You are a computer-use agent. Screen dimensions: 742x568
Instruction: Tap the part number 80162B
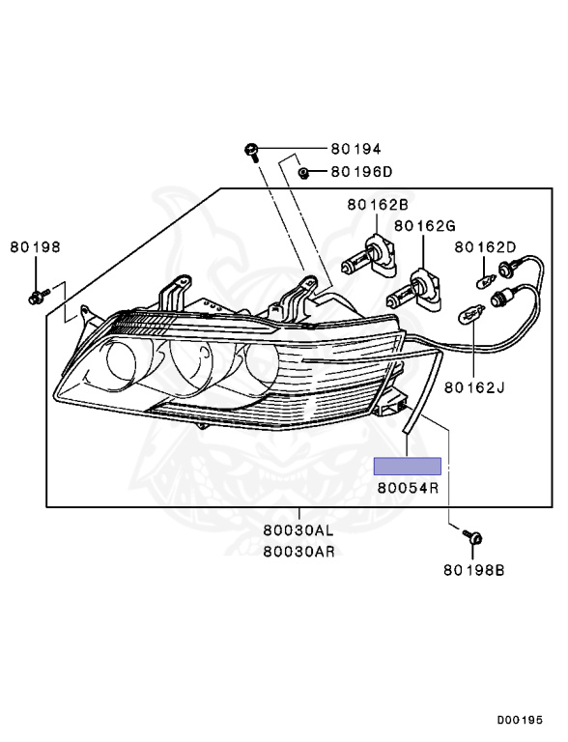pyautogui.click(x=379, y=205)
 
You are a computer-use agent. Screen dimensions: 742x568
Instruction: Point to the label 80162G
pyautogui.click(x=424, y=226)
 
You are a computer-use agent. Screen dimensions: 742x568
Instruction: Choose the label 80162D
pyautogui.click(x=486, y=247)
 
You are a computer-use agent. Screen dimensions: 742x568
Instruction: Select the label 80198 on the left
pyautogui.click(x=36, y=247)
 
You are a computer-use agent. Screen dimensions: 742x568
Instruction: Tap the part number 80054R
pyautogui.click(x=408, y=488)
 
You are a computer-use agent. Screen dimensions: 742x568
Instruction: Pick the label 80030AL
pyautogui.click(x=298, y=531)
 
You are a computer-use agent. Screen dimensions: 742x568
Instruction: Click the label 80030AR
pyautogui.click(x=298, y=551)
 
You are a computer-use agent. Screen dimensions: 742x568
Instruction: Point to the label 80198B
pyautogui.click(x=474, y=570)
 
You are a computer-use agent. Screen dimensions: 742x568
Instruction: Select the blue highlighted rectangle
pyautogui.click(x=408, y=467)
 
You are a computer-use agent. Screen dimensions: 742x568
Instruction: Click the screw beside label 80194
pyautogui.click(x=251, y=151)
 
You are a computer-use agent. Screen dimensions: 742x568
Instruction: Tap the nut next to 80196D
pyautogui.click(x=303, y=173)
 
